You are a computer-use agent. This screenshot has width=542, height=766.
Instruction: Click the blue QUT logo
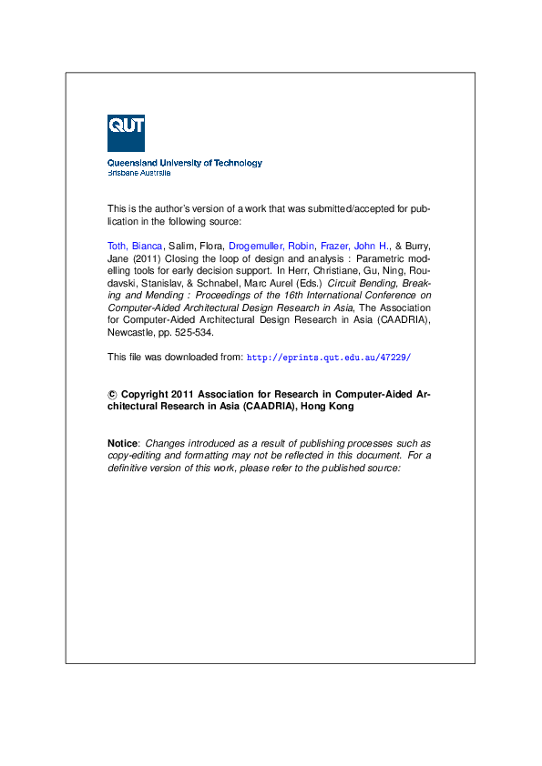tap(126, 133)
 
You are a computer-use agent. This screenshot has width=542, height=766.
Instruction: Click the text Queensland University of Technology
tap(185, 163)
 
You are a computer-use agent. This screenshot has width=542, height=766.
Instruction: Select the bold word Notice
tap(122, 442)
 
